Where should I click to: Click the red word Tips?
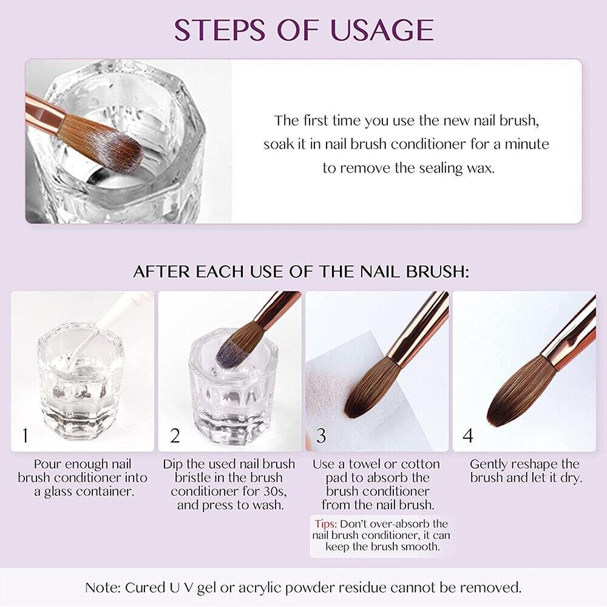coord(326,523)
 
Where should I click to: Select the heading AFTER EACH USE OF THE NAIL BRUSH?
coord(301,271)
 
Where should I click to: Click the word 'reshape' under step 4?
coord(538,464)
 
